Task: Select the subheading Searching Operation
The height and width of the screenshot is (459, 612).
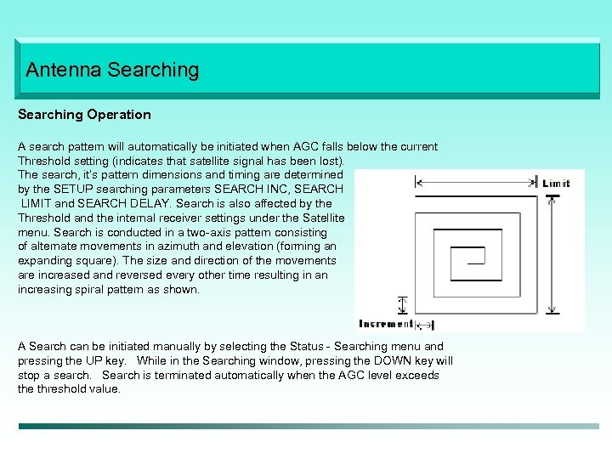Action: click(x=84, y=115)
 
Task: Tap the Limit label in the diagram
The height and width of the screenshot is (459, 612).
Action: click(x=558, y=183)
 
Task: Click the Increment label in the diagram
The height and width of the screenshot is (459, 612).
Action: click(x=387, y=324)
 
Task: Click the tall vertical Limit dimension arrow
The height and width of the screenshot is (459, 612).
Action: click(x=553, y=255)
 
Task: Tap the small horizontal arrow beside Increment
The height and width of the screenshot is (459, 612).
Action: click(x=425, y=324)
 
